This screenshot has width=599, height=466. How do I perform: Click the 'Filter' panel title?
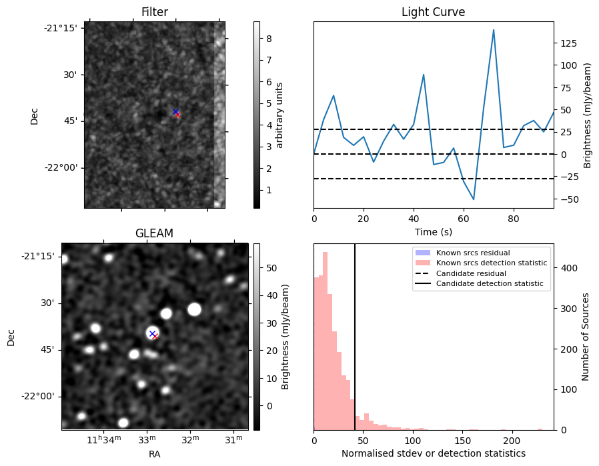click(154, 12)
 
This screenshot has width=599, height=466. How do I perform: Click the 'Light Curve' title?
click(433, 12)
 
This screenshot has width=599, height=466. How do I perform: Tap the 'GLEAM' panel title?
click(154, 233)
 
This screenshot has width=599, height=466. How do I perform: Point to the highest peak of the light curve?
click(494, 30)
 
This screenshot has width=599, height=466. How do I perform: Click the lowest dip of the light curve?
click(474, 199)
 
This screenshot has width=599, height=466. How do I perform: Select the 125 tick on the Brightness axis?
click(568, 43)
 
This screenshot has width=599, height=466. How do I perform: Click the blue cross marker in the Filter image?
click(175, 111)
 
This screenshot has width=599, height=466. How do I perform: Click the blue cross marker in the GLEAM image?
click(152, 333)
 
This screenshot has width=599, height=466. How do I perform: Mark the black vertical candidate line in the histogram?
click(355, 347)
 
